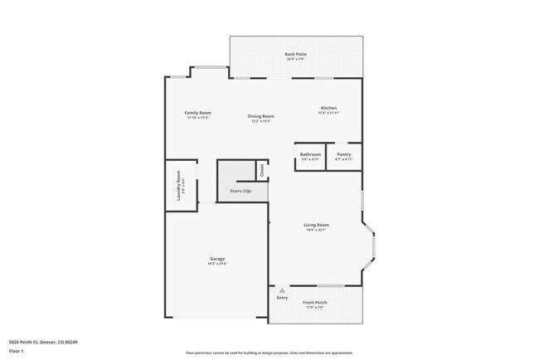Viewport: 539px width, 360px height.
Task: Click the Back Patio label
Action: tap(296, 54)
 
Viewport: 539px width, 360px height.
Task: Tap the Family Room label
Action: tap(197, 113)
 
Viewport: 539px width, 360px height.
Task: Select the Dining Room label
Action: tap(261, 116)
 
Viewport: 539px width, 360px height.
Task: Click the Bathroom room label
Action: tap(310, 154)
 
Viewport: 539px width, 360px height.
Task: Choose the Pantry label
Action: tap(343, 154)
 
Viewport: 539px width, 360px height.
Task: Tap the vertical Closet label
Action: tap(262, 171)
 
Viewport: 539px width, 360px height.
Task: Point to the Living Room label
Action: tap(316, 225)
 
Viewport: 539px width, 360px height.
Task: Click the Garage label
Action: tap(217, 260)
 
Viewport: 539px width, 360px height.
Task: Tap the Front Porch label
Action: tap(314, 303)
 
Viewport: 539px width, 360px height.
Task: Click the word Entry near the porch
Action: tap(283, 298)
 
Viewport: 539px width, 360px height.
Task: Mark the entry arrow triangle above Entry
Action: tap(283, 290)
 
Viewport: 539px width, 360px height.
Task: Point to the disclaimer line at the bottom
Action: tap(269, 353)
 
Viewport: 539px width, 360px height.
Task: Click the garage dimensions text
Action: tap(217, 265)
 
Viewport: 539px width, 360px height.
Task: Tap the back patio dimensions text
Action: tap(296, 59)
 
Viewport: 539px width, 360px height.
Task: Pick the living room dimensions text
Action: tap(316, 230)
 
